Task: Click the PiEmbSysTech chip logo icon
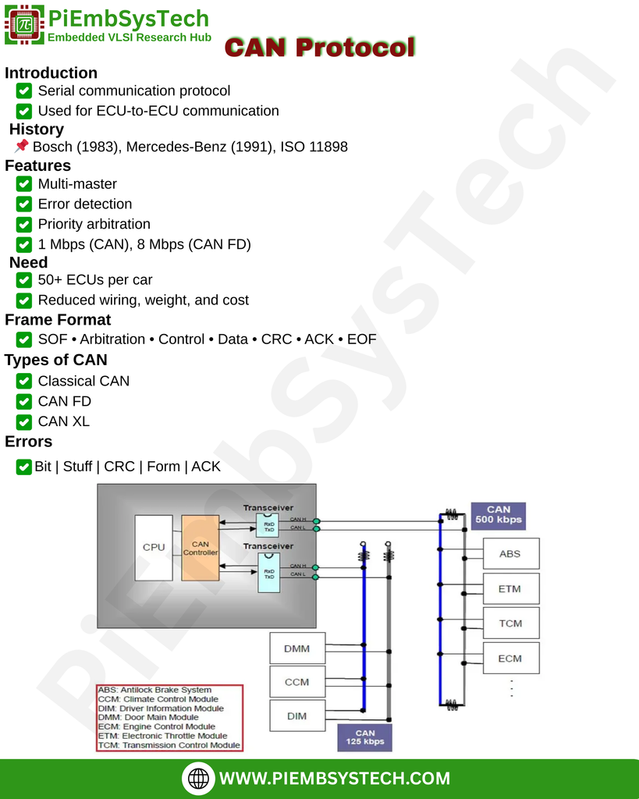pos(24,25)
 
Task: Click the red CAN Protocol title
pos(320,48)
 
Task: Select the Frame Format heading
pos(58,320)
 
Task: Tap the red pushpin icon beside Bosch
pos(22,146)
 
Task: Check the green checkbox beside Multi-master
pos(24,184)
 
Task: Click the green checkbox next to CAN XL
pos(24,421)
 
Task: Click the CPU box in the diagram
pos(154,547)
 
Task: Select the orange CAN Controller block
pos(200,547)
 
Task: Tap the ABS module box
pos(510,554)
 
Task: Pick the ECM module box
pos(510,659)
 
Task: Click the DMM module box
pos(296,648)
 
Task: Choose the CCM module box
pos(296,682)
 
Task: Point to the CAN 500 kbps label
pos(499,515)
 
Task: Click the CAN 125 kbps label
pos(365,737)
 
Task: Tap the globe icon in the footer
pos(199,778)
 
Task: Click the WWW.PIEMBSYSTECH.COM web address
pos(335,778)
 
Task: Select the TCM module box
pos(510,623)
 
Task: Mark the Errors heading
pos(29,442)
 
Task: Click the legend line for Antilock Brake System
pos(155,690)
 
